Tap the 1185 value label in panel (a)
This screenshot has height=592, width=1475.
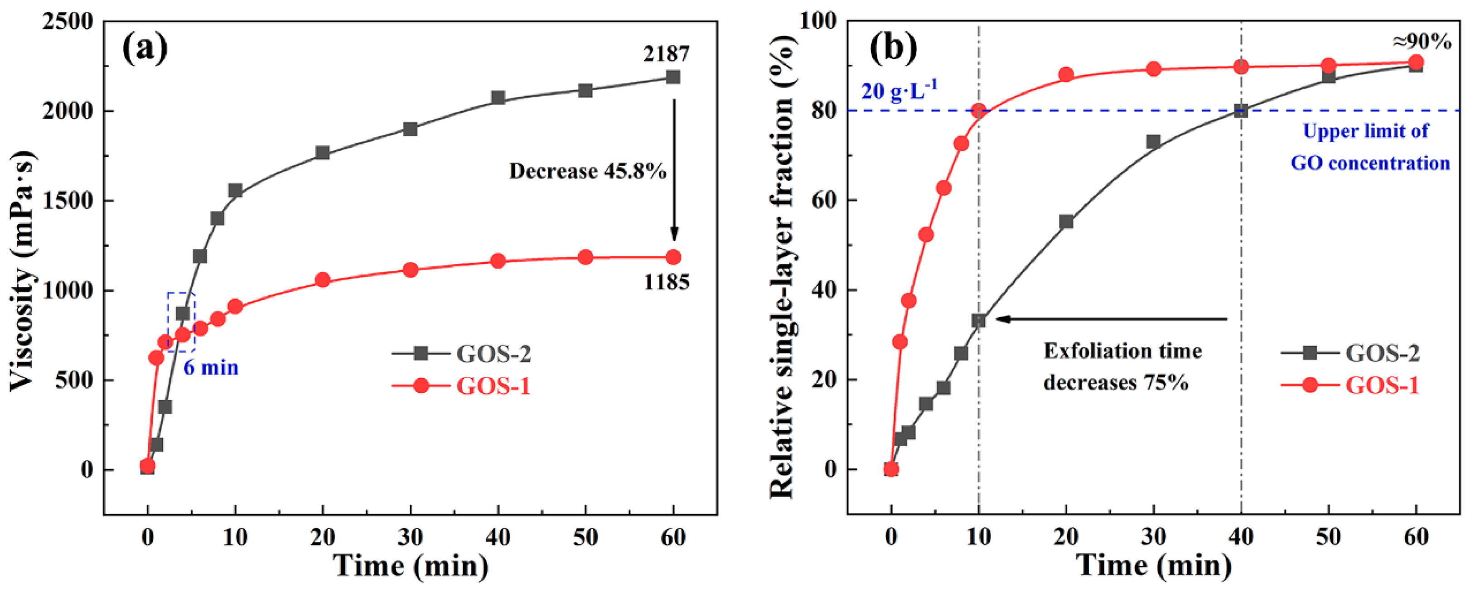click(x=667, y=282)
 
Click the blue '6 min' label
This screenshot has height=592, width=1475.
click(x=211, y=367)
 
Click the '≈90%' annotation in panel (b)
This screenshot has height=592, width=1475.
click(x=1422, y=42)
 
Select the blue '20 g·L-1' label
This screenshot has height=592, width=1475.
click(x=900, y=91)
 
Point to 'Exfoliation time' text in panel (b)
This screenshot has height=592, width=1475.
click(x=1122, y=351)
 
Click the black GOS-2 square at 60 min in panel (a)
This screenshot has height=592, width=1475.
click(x=673, y=77)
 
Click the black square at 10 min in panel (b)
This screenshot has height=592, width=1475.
click(x=978, y=321)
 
